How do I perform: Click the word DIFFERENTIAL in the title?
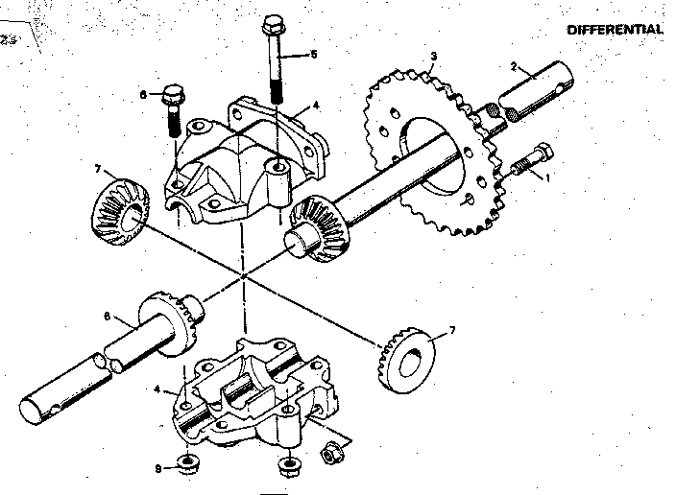pos(615,29)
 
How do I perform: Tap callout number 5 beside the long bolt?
pos(312,55)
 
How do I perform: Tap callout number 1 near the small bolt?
pos(547,177)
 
